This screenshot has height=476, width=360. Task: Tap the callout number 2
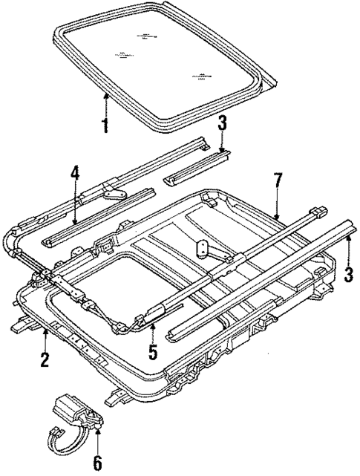[x=45, y=362]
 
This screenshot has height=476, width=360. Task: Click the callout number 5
[x=151, y=350]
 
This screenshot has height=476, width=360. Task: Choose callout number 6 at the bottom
[x=98, y=463]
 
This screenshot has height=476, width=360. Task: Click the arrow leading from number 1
[x=105, y=104]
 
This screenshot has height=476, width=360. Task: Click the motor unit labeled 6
[x=74, y=411]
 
